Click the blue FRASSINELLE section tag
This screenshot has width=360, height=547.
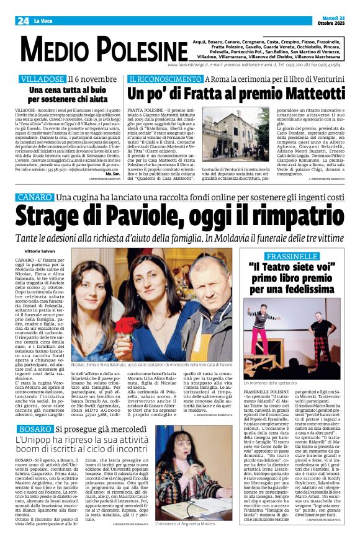(x=301, y=256)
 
